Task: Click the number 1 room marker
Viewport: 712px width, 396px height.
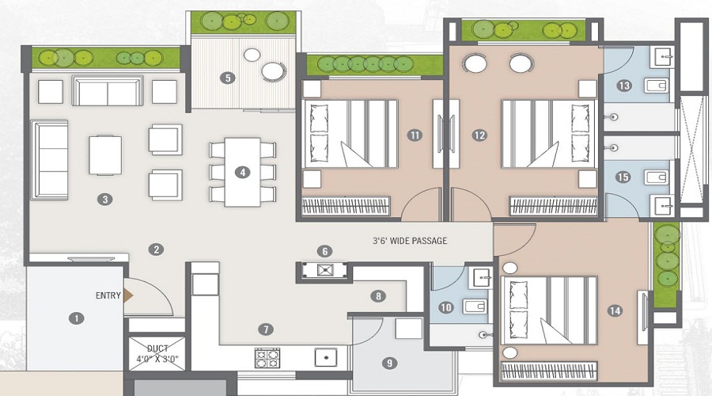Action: (x=77, y=318)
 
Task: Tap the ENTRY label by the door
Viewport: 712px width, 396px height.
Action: (x=108, y=295)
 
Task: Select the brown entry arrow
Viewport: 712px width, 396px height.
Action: (x=129, y=295)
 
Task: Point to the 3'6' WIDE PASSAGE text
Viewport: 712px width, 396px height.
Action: (x=410, y=241)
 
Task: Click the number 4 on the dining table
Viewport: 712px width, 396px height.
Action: (x=243, y=173)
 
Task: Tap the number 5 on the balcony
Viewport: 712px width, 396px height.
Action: (x=228, y=78)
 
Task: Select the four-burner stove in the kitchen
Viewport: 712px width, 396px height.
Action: (x=267, y=358)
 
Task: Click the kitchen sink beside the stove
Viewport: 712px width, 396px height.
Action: (x=326, y=357)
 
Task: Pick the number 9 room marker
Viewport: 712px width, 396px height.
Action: (x=389, y=364)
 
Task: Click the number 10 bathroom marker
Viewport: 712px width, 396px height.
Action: (x=446, y=308)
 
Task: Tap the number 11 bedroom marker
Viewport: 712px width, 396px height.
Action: (x=414, y=135)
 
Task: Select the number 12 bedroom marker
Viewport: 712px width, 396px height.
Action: (x=479, y=135)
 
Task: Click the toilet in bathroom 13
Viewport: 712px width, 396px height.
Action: (x=657, y=85)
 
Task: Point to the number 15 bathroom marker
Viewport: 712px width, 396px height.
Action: (x=623, y=177)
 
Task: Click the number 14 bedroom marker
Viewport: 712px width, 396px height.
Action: (x=615, y=311)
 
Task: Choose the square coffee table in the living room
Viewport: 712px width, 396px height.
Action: (x=105, y=155)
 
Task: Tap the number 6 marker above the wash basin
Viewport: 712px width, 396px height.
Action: (x=324, y=251)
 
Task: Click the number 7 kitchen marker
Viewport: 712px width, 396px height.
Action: (x=266, y=329)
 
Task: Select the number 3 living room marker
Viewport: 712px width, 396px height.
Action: (x=105, y=199)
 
